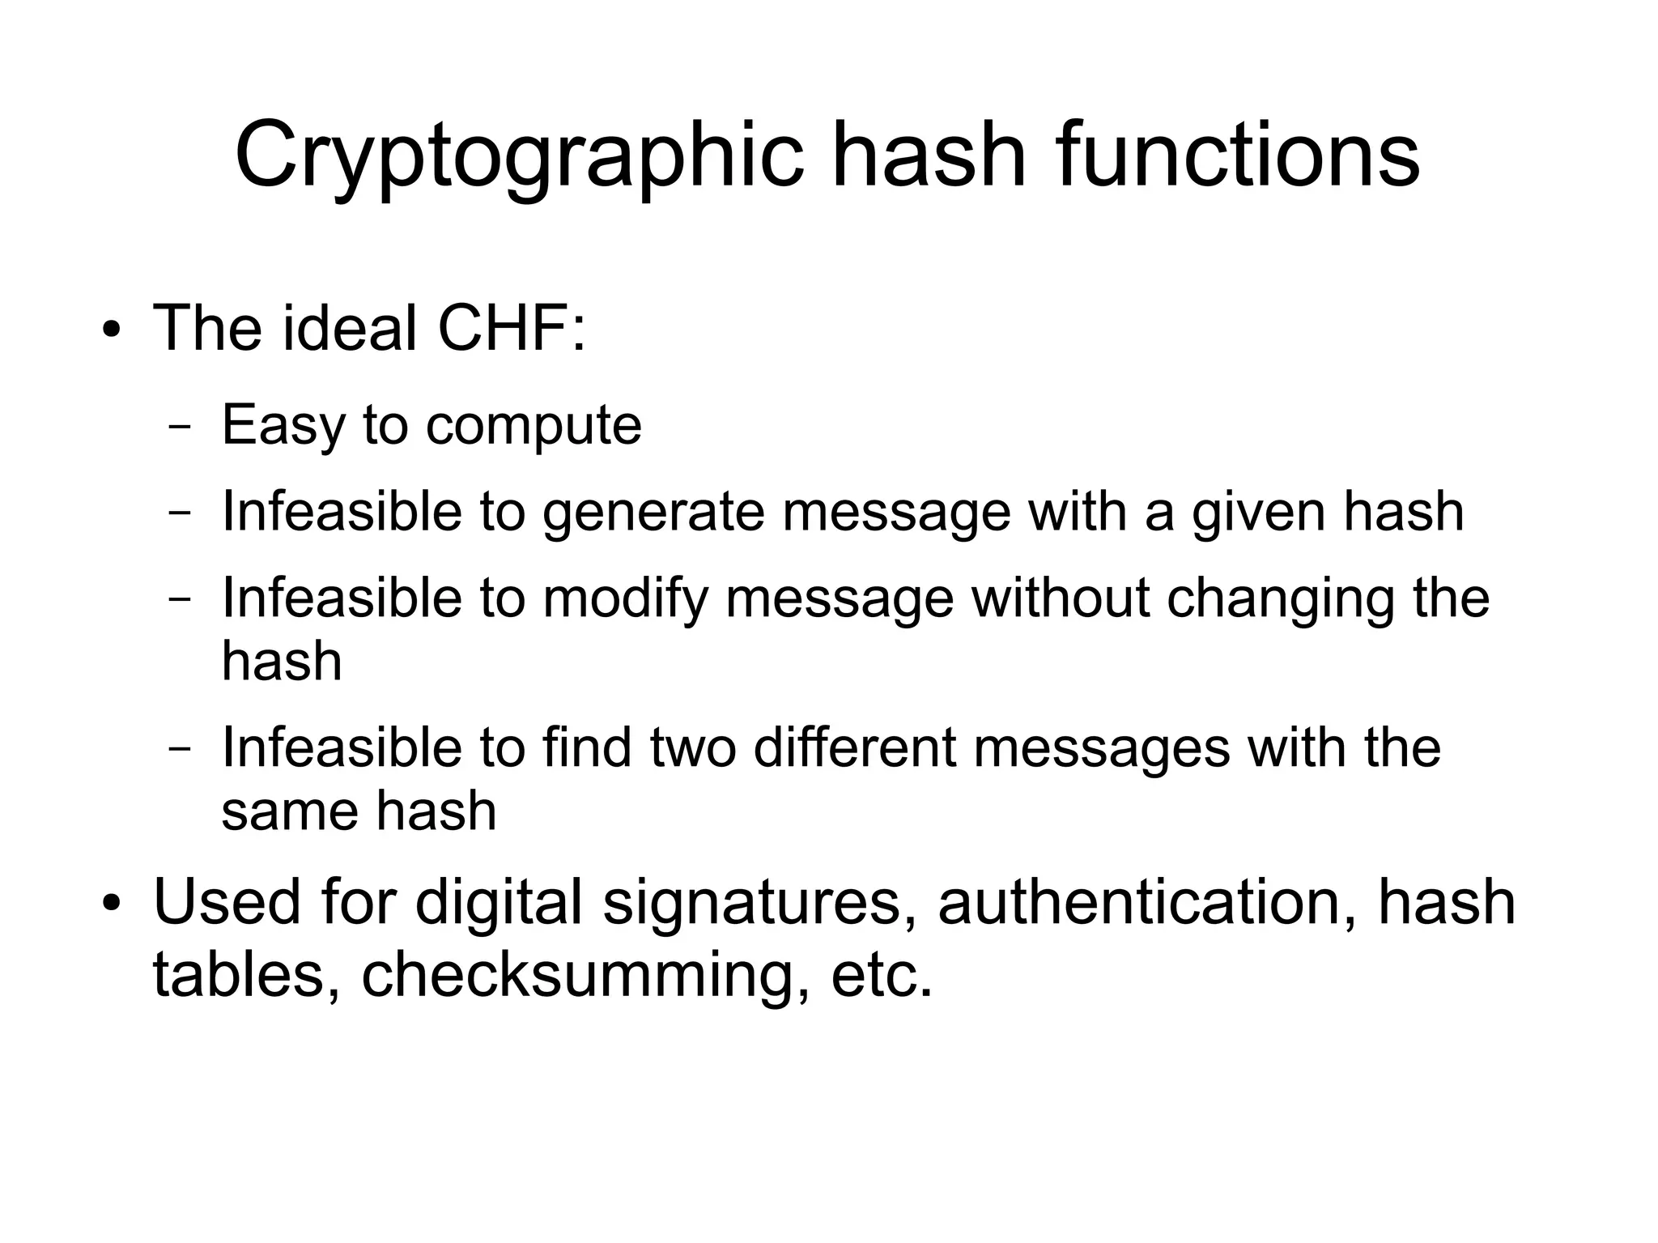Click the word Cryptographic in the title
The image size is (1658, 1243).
pos(518,155)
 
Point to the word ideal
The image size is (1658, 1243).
pos(350,329)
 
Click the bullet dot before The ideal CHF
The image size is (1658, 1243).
pos(112,331)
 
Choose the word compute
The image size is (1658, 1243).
pos(534,427)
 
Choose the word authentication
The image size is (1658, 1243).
pos(1147,903)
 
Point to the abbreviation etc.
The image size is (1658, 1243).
pos(882,975)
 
